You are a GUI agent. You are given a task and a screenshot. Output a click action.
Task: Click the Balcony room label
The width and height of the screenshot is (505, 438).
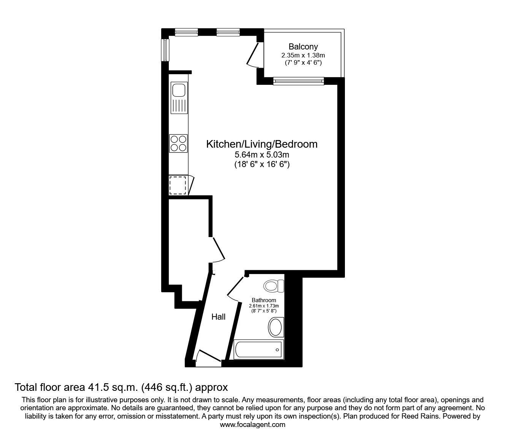point(303,47)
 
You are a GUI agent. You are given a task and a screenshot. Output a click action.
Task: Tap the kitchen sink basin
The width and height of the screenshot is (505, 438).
point(178,91)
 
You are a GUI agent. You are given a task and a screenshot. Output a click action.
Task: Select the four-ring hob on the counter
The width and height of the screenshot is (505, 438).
point(178,143)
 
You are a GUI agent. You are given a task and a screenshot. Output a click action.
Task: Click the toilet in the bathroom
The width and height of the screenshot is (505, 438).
point(274,286)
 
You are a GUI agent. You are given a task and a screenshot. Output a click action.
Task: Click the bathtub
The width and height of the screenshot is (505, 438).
point(258,349)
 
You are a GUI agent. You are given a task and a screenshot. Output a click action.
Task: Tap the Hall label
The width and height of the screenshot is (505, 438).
point(219,317)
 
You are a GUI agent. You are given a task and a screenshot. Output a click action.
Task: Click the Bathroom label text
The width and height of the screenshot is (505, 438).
point(264,300)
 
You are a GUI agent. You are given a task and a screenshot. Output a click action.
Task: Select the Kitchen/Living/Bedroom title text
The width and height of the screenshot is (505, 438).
point(262,144)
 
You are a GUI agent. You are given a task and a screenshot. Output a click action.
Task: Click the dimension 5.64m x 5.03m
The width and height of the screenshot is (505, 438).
point(262,155)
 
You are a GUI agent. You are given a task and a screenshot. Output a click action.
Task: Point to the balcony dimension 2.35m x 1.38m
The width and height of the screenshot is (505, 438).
point(303,56)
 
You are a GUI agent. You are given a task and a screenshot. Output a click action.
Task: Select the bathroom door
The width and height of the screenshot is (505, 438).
point(235,288)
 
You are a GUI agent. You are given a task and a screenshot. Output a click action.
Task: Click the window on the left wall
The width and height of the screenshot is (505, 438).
point(165,49)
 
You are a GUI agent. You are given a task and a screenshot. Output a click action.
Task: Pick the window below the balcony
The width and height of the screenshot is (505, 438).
point(299,81)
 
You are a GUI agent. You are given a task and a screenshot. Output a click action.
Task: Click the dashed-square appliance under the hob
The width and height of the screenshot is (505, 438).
point(178,185)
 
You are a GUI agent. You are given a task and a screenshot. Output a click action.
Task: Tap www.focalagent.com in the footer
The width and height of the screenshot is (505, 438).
point(252,425)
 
